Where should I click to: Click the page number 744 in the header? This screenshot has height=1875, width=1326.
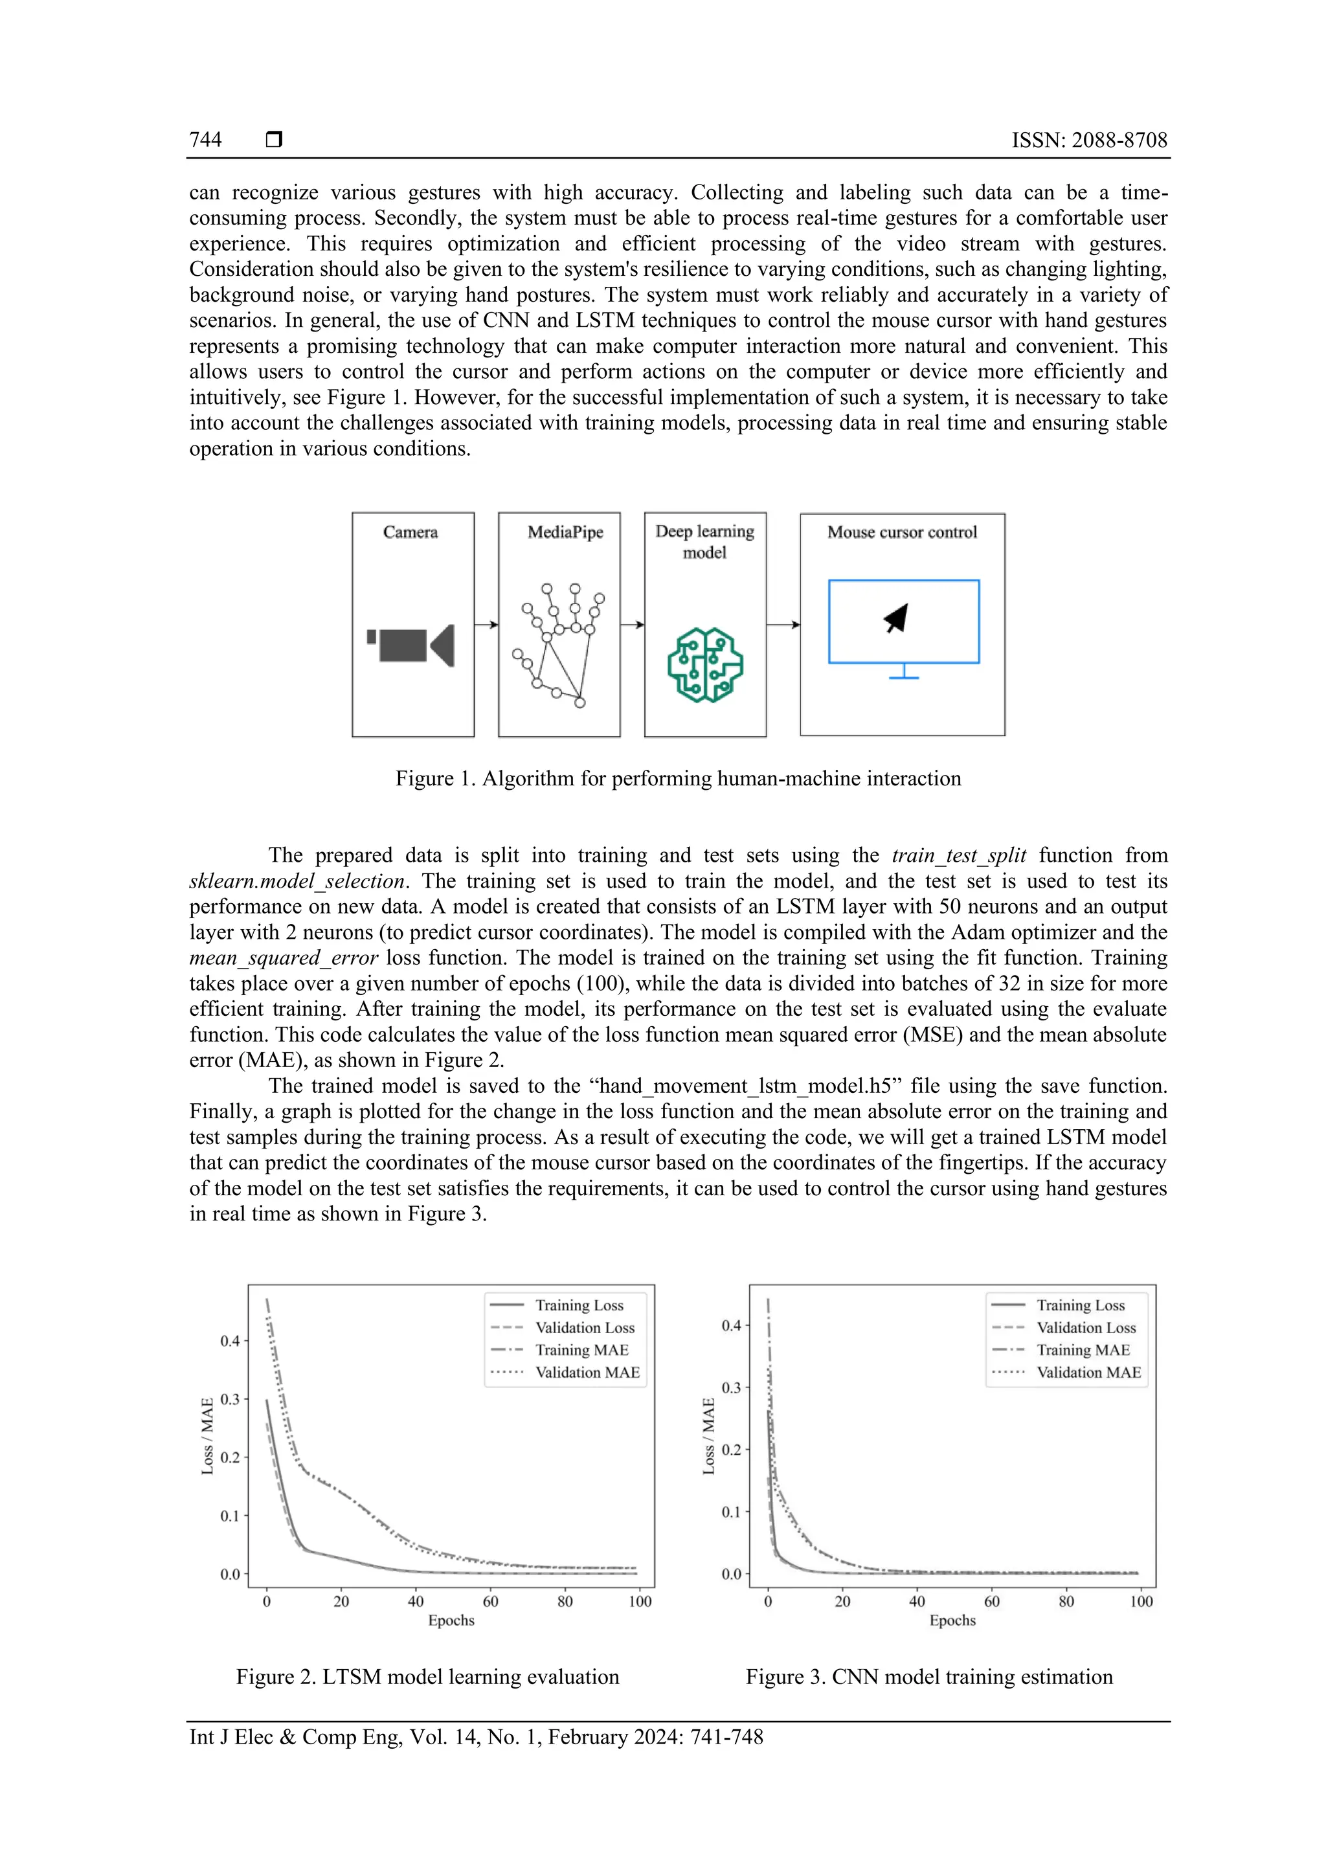pos(205,140)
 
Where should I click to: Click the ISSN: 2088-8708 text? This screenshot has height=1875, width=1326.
pos(1089,140)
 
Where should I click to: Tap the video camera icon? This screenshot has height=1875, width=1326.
pos(410,645)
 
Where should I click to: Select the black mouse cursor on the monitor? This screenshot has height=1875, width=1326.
pos(897,618)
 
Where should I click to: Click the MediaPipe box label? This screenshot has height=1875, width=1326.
pos(565,532)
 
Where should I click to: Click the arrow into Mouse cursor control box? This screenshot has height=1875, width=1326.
pos(783,625)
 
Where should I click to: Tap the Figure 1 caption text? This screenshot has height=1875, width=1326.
pos(678,778)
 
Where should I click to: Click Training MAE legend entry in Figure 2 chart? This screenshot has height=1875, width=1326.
pos(581,1350)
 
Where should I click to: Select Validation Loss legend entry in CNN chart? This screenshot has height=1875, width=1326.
pos(1085,1328)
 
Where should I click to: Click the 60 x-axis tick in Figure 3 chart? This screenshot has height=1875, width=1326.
pos(991,1601)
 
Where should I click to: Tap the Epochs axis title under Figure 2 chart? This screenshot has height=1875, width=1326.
pos(451,1620)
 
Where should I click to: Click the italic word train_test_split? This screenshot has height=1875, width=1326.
pos(959,855)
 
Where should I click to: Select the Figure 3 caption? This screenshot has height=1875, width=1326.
pos(928,1676)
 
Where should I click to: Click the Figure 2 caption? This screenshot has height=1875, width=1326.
pos(427,1676)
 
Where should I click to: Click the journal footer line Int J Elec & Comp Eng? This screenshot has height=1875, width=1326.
pos(476,1737)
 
